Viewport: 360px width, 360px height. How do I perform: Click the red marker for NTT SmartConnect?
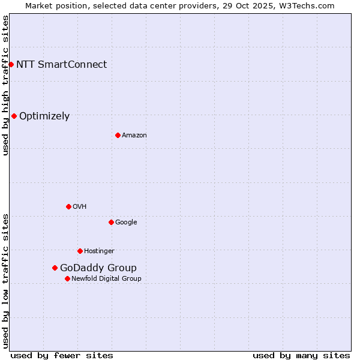click(x=11, y=64)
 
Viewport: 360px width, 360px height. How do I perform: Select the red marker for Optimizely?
click(x=14, y=116)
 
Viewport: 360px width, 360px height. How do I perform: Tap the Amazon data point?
click(x=118, y=135)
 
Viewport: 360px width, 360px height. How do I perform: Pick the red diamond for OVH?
click(x=68, y=206)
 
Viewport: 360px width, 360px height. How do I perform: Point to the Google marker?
click(x=111, y=222)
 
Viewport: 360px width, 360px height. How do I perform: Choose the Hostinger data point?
click(x=80, y=251)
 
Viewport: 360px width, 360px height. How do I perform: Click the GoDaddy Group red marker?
click(x=55, y=268)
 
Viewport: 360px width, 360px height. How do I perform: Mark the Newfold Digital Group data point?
click(x=67, y=278)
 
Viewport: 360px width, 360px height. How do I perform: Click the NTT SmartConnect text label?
click(x=61, y=64)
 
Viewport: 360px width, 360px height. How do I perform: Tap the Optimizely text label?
click(x=44, y=116)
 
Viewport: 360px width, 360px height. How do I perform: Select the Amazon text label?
click(x=134, y=136)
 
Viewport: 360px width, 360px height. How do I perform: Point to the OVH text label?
click(x=80, y=207)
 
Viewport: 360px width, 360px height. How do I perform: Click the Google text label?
click(x=126, y=223)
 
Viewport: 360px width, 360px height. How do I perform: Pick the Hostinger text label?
click(x=99, y=251)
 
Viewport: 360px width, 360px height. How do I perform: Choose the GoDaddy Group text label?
click(x=98, y=268)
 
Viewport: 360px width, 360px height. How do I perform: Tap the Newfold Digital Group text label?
click(x=106, y=279)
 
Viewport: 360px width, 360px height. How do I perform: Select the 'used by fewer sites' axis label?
click(x=62, y=355)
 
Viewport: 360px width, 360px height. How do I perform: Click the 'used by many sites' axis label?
click(x=301, y=355)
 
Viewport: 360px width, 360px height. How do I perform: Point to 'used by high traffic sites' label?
click(x=5, y=85)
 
